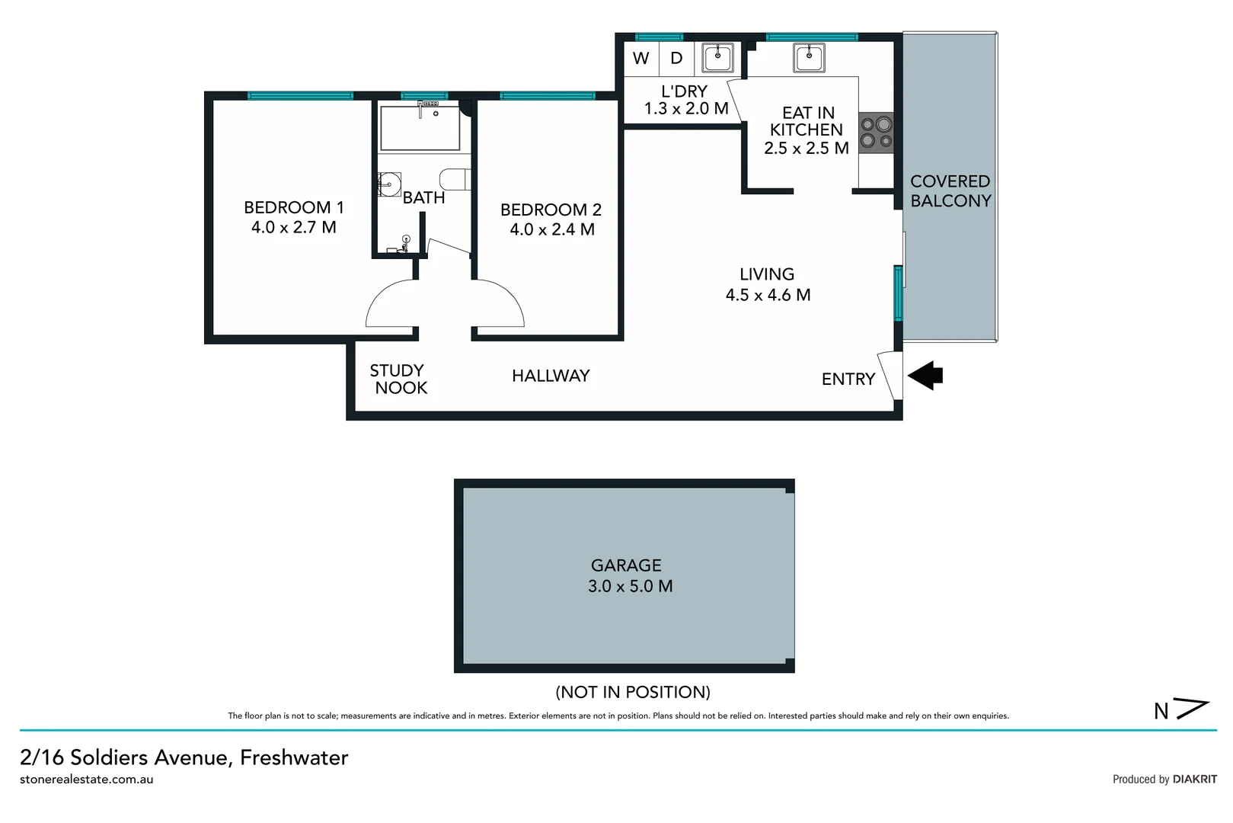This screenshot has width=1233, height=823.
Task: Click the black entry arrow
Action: point(926,375)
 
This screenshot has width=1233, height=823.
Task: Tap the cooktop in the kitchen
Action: point(876,132)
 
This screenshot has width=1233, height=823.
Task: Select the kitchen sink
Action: point(808,57)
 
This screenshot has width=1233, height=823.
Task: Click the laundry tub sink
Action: point(717,57)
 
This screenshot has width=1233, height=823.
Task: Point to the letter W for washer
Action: point(640,59)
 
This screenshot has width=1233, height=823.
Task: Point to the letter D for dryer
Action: point(676,59)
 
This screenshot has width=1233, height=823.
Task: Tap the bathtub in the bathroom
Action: point(420,128)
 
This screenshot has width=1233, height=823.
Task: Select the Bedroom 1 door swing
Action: point(390,305)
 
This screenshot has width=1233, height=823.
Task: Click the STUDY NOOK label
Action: point(398,379)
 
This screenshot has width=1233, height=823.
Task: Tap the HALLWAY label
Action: point(551,376)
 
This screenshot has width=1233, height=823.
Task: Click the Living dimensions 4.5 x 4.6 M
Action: point(768,295)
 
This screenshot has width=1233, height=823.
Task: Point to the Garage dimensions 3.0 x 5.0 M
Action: point(630,586)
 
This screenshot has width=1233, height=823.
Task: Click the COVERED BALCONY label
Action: point(950,191)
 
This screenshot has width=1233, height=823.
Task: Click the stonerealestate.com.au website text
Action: point(86,780)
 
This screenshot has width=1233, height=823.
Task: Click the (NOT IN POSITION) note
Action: point(632,692)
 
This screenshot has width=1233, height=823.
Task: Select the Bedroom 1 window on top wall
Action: point(300,96)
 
